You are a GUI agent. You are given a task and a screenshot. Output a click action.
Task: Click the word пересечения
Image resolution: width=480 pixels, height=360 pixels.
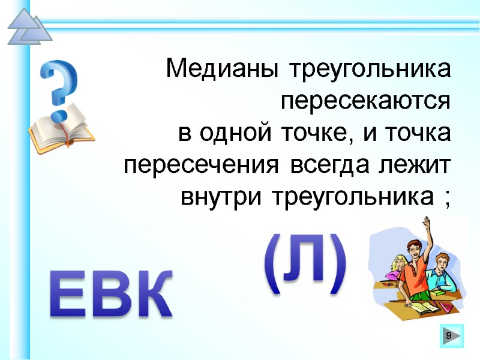click(x=201, y=164)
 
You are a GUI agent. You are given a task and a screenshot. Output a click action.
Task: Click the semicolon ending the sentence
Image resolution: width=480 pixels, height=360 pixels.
click(x=445, y=198)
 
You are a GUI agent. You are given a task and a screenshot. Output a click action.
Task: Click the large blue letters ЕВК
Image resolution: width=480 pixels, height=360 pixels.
click(x=111, y=294)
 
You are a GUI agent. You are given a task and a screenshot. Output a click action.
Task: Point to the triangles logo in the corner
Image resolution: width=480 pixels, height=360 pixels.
click(x=28, y=27)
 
